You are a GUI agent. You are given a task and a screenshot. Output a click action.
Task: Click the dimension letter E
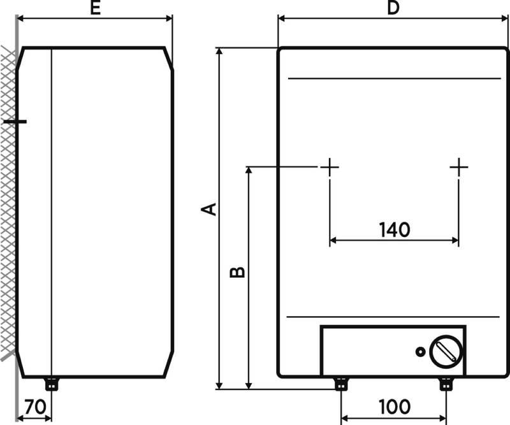tap(95, 8)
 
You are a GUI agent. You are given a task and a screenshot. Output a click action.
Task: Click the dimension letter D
tap(393, 8)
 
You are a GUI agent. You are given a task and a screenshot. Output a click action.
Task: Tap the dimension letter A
tap(209, 209)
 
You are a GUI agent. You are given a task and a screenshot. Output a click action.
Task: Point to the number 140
tap(395, 229)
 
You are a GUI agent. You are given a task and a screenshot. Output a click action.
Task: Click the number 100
tap(395, 407)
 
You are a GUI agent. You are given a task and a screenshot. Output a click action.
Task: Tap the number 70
tap(36, 407)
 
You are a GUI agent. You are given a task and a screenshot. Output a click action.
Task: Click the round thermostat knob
tap(446, 352)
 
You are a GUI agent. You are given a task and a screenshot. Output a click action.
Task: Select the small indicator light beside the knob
tap(421, 352)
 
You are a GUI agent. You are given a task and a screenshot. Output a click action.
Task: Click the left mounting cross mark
tap(330, 167)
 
